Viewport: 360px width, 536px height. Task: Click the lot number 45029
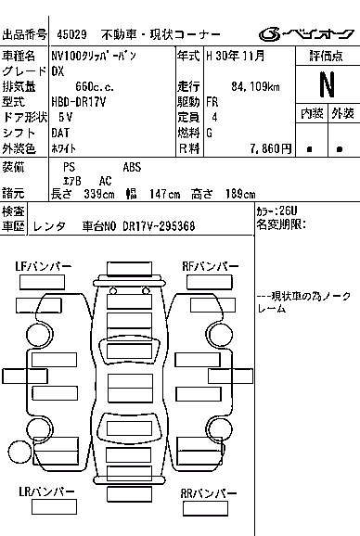click(x=71, y=34)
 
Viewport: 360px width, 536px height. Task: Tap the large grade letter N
click(x=327, y=84)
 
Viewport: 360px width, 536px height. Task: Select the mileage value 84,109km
click(x=255, y=86)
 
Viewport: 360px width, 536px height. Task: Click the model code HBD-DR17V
click(x=78, y=102)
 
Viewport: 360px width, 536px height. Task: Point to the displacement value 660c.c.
click(x=95, y=86)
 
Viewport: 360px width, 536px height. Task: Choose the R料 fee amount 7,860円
click(x=270, y=148)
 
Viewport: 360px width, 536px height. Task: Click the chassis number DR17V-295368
click(x=159, y=226)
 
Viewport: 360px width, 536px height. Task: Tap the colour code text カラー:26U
click(x=276, y=211)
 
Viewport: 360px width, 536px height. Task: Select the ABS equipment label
click(x=132, y=167)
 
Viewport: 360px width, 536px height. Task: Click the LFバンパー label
click(x=44, y=266)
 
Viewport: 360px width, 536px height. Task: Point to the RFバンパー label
click(x=211, y=266)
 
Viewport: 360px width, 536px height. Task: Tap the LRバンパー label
click(x=46, y=491)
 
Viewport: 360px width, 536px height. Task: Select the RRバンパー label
click(x=209, y=493)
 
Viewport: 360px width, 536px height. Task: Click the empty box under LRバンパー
click(x=54, y=506)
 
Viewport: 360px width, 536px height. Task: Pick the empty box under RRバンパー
click(x=205, y=508)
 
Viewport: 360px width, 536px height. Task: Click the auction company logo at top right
click(x=306, y=33)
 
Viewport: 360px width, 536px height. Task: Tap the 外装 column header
click(x=342, y=113)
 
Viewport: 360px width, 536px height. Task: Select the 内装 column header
click(x=312, y=113)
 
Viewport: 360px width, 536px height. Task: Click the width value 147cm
click(x=164, y=194)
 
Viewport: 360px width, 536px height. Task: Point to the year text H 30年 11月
click(x=236, y=56)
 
